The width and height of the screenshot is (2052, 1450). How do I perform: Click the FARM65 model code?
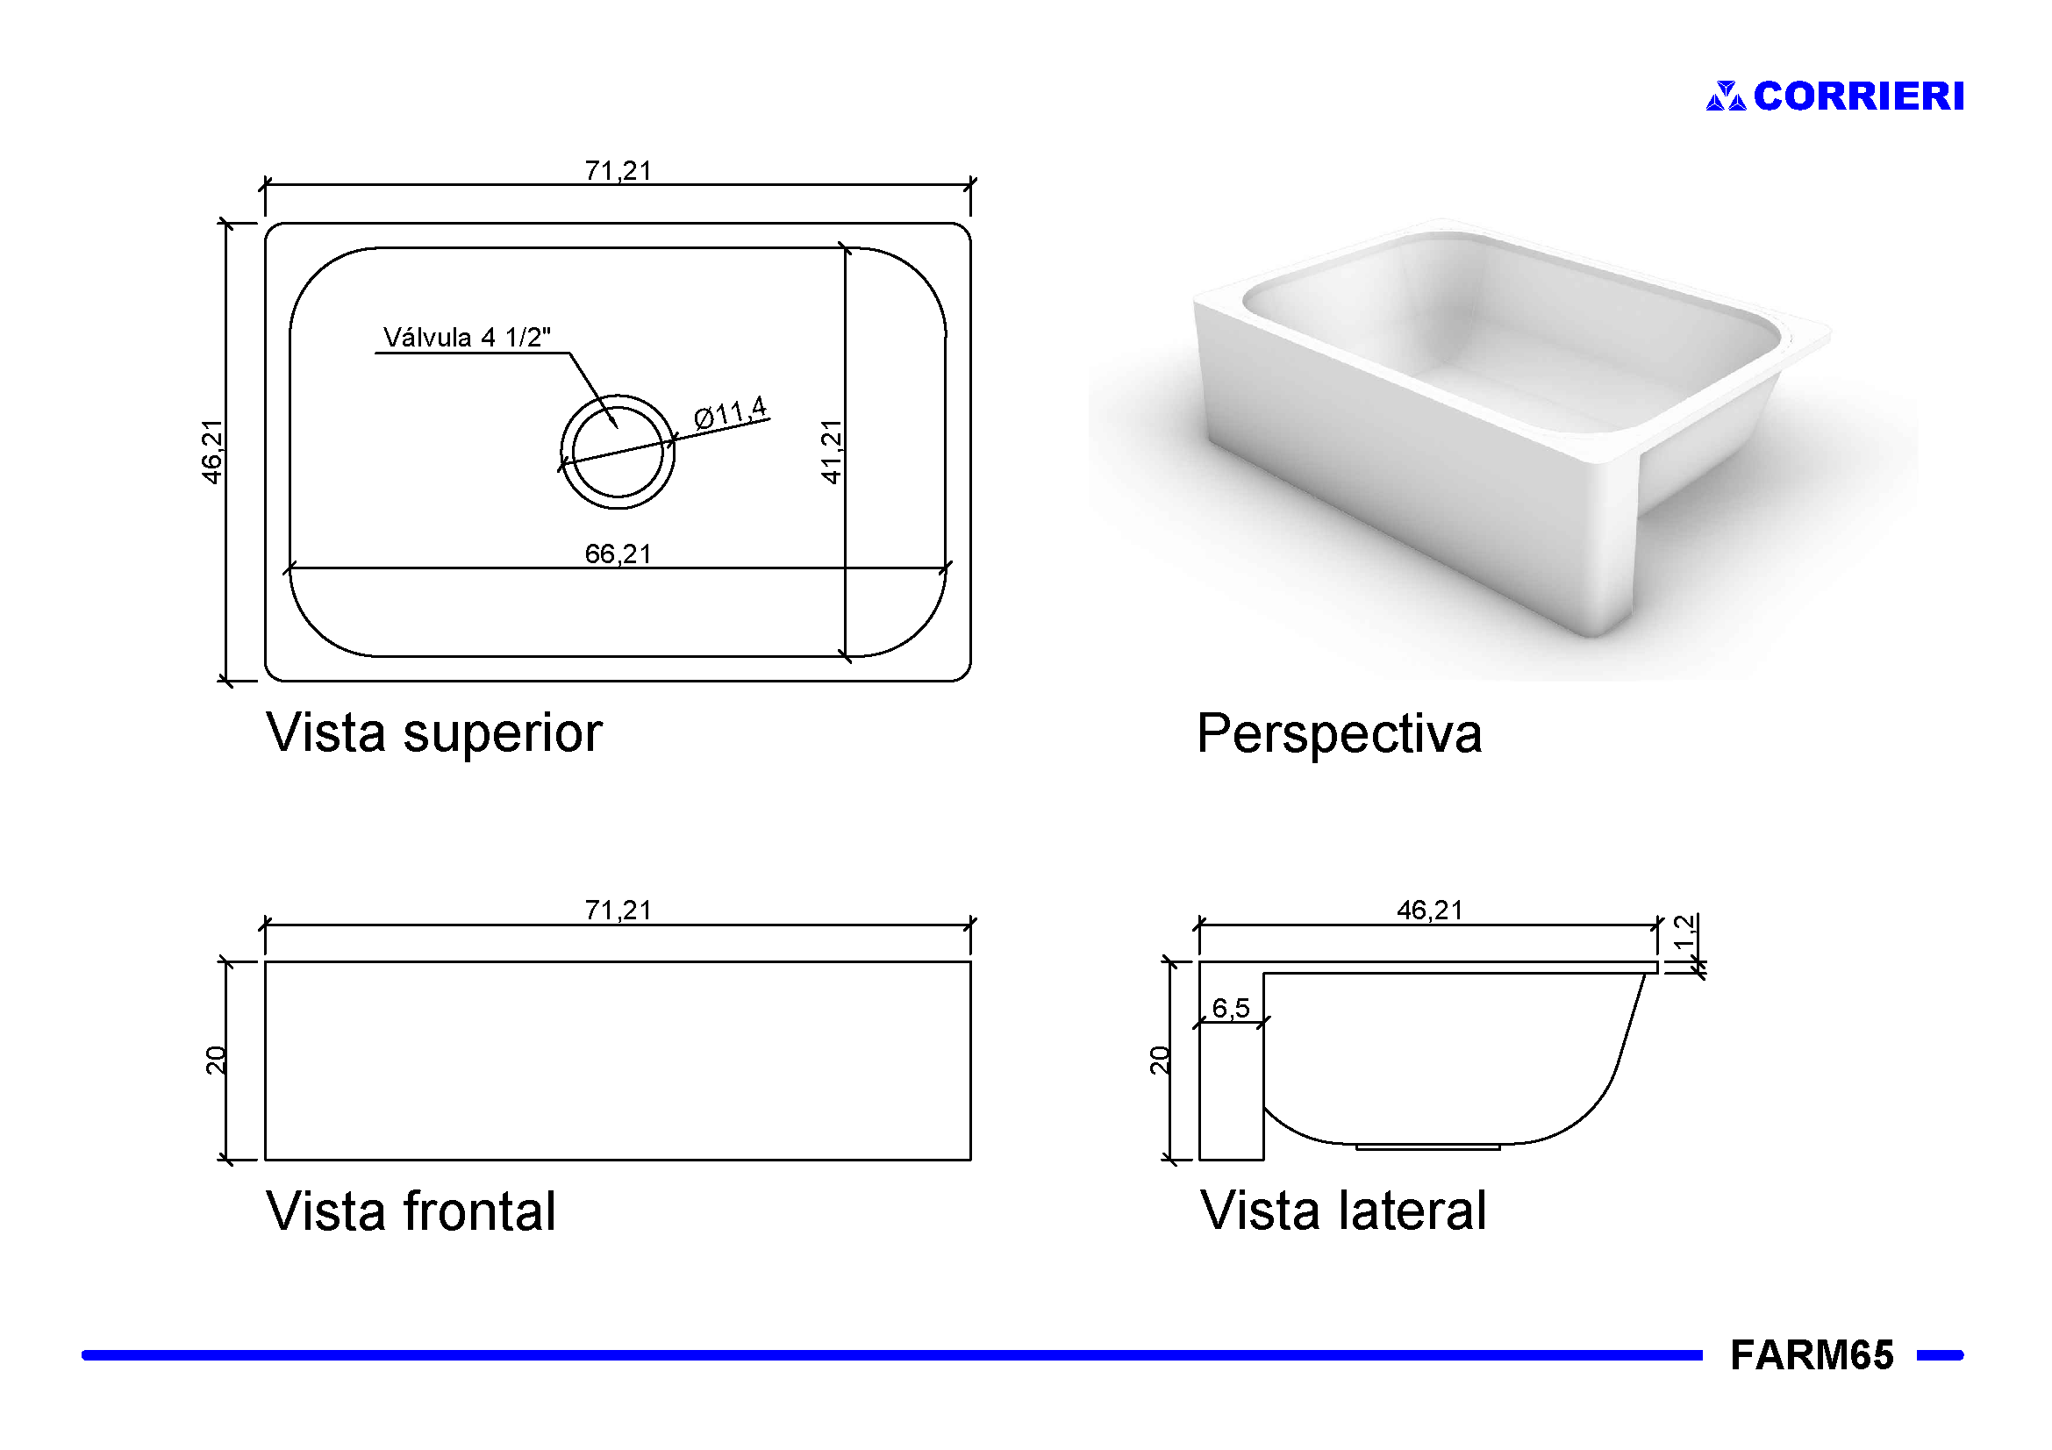click(x=1811, y=1354)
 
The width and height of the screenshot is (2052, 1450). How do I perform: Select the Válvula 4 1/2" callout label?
click(x=467, y=338)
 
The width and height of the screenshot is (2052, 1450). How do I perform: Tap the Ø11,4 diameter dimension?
click(x=730, y=413)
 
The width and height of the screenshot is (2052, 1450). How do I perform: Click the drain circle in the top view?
click(x=618, y=452)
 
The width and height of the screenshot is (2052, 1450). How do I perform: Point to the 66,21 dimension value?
click(x=618, y=554)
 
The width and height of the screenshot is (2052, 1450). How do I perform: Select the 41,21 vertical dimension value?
click(x=831, y=452)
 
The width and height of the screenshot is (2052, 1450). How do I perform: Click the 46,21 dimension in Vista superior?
click(x=211, y=452)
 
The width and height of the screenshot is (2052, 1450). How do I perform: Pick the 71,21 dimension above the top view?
click(x=618, y=170)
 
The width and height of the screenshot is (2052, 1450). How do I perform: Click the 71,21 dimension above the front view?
click(x=618, y=910)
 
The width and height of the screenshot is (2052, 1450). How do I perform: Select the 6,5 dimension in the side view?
click(x=1231, y=1008)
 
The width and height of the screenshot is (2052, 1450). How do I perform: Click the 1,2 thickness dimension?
click(x=1684, y=932)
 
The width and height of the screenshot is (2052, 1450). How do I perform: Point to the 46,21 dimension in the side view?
click(x=1429, y=910)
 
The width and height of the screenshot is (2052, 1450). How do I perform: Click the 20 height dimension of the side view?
click(x=1158, y=1061)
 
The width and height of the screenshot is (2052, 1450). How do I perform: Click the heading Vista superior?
click(x=434, y=732)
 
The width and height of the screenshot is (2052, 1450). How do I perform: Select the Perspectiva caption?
click(x=1339, y=733)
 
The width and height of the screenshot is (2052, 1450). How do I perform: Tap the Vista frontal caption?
click(x=411, y=1211)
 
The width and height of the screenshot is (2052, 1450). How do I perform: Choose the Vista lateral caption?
click(x=1342, y=1211)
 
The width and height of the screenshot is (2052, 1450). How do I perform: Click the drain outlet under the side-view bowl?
click(x=1427, y=1147)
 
